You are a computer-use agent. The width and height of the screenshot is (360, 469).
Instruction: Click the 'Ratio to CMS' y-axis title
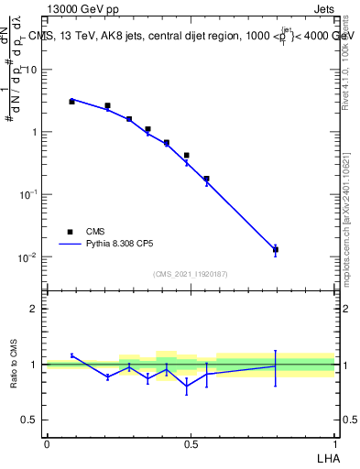[x=14, y=365]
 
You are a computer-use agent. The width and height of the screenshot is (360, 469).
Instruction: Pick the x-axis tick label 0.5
[x=191, y=443]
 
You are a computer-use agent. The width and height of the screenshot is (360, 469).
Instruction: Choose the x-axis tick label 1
[x=334, y=443]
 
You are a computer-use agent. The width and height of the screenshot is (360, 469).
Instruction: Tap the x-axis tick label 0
[x=47, y=443]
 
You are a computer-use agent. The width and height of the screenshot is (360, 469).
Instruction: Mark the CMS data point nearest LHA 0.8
[x=276, y=249]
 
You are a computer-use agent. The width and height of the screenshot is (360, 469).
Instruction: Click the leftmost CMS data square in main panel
[x=71, y=102]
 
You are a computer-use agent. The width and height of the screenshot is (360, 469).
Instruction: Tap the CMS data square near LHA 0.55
[x=206, y=179]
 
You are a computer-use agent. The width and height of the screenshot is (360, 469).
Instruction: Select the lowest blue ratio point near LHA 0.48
[x=187, y=387]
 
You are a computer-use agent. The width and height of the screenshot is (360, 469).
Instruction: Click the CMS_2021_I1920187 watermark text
[x=190, y=274]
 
